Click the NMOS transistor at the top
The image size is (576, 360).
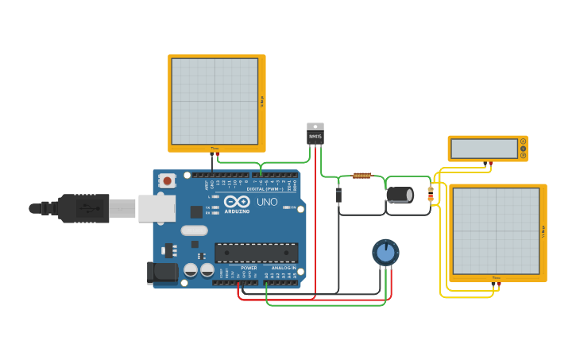(x=315, y=134)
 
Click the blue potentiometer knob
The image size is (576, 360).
(x=385, y=253)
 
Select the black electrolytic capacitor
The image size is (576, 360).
(x=400, y=195)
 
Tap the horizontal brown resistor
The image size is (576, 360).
(x=361, y=176)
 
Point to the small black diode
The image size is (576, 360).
(x=339, y=195)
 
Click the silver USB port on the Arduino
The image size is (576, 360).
(x=157, y=208)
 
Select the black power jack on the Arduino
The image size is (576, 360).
(x=163, y=273)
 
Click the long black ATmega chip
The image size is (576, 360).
(x=256, y=253)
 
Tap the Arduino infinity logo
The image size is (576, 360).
(x=236, y=202)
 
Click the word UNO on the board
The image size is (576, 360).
(x=267, y=202)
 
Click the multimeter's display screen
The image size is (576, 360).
(x=484, y=149)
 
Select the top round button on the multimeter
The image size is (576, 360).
(x=523, y=141)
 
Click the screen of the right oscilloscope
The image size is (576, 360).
(x=496, y=231)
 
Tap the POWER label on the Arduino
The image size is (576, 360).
(x=249, y=268)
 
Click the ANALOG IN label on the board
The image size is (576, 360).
(x=284, y=268)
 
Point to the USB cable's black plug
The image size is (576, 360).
(x=83, y=208)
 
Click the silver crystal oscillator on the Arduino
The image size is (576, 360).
(x=194, y=230)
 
